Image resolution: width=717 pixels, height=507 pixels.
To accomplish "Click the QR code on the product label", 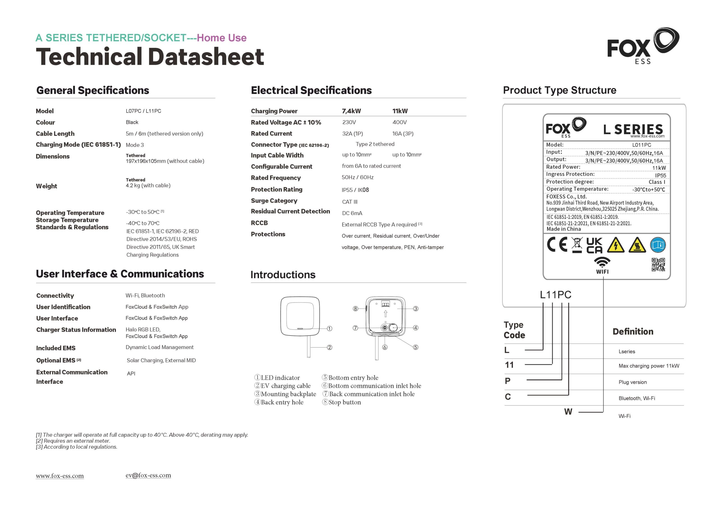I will [x=658, y=265].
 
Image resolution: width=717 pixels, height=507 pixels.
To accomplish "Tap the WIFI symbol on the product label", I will [x=602, y=265].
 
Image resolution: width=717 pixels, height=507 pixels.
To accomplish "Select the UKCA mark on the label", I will [x=594, y=245].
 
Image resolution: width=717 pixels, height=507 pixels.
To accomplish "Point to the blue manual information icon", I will [x=658, y=245].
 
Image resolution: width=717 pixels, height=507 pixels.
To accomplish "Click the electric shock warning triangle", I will [x=616, y=245].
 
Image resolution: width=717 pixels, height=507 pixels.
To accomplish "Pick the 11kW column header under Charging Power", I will [x=400, y=111].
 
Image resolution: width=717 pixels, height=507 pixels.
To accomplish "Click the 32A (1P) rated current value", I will [x=352, y=133].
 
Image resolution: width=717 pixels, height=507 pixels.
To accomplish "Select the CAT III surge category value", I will [x=350, y=202].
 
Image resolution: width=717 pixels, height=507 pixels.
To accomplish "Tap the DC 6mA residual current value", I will [x=352, y=213].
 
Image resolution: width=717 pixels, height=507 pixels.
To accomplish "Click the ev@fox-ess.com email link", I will [x=148, y=475].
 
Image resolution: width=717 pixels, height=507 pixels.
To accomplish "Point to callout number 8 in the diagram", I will [x=355, y=309].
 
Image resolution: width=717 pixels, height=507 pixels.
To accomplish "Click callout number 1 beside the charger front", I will [x=329, y=328].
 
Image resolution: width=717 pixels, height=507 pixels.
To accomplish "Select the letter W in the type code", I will [x=568, y=411].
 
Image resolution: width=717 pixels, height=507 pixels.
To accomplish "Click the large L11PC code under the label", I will [x=556, y=295].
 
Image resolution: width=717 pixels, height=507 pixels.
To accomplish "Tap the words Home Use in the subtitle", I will [x=222, y=38].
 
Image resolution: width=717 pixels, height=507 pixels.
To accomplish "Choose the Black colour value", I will [x=132, y=122].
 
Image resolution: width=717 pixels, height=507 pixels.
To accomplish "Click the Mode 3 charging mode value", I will [x=135, y=145].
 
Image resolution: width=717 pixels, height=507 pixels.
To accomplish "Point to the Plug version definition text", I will [x=632, y=382].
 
